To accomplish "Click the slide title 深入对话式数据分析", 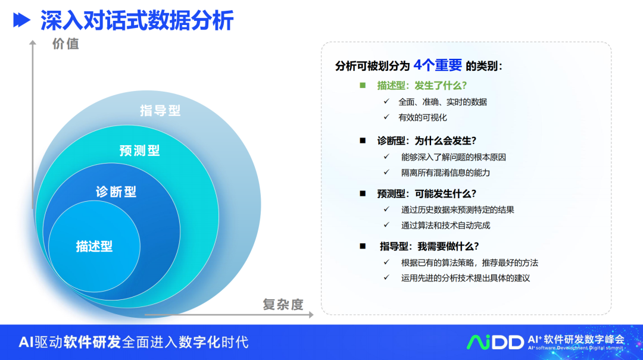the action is pyautogui.click(x=137, y=20).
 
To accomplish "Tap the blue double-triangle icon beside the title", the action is pyautogui.click(x=22, y=20).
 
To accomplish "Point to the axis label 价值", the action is pyautogui.click(x=65, y=44).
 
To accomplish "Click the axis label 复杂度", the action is pyautogui.click(x=283, y=304).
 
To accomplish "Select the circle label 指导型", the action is pyautogui.click(x=160, y=110).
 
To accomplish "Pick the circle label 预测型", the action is pyautogui.click(x=139, y=151).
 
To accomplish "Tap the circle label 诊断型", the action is pyautogui.click(x=116, y=192).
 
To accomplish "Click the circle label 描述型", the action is pyautogui.click(x=94, y=246).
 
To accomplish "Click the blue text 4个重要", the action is pyautogui.click(x=438, y=65).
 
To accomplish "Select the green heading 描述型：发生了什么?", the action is pyautogui.click(x=422, y=86).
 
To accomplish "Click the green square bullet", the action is pyautogui.click(x=363, y=85).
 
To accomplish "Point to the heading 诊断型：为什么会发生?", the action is pyautogui.click(x=426, y=140).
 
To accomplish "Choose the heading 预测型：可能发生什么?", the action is pyautogui.click(x=426, y=193).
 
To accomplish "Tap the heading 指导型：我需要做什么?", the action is pyautogui.click(x=429, y=246).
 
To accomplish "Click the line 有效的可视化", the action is pyautogui.click(x=422, y=118).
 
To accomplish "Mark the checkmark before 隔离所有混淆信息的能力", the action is pyautogui.click(x=386, y=172).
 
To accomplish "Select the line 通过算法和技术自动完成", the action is pyautogui.click(x=445, y=225).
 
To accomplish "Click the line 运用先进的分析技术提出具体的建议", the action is pyautogui.click(x=466, y=278).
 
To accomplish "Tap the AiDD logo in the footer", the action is pyautogui.click(x=495, y=342).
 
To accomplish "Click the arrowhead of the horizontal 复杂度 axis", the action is pyautogui.click(x=311, y=315).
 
